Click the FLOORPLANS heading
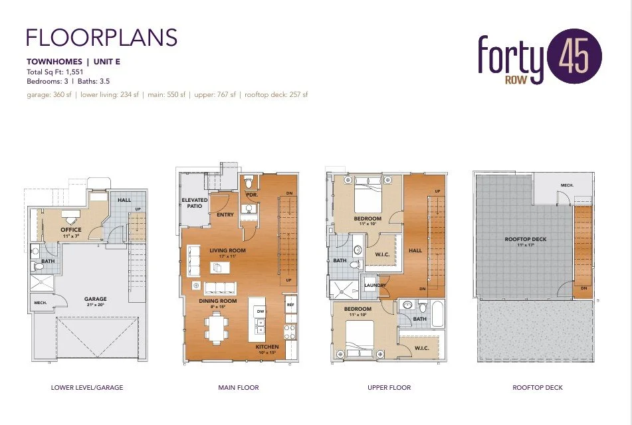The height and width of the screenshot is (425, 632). [101, 37]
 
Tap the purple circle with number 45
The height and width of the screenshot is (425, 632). [574, 57]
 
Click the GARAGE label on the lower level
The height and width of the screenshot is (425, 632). [96, 299]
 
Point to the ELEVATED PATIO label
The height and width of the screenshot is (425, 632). [195, 203]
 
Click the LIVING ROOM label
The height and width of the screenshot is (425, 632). [228, 251]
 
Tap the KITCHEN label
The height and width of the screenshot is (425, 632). [267, 347]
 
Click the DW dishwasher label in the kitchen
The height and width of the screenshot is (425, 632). [260, 311]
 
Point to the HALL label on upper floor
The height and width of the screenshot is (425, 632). [415, 251]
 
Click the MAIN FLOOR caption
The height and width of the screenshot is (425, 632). [239, 387]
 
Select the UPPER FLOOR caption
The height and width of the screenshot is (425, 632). [389, 387]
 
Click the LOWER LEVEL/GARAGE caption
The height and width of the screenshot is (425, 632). [87, 387]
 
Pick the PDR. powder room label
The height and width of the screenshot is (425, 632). [251, 195]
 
